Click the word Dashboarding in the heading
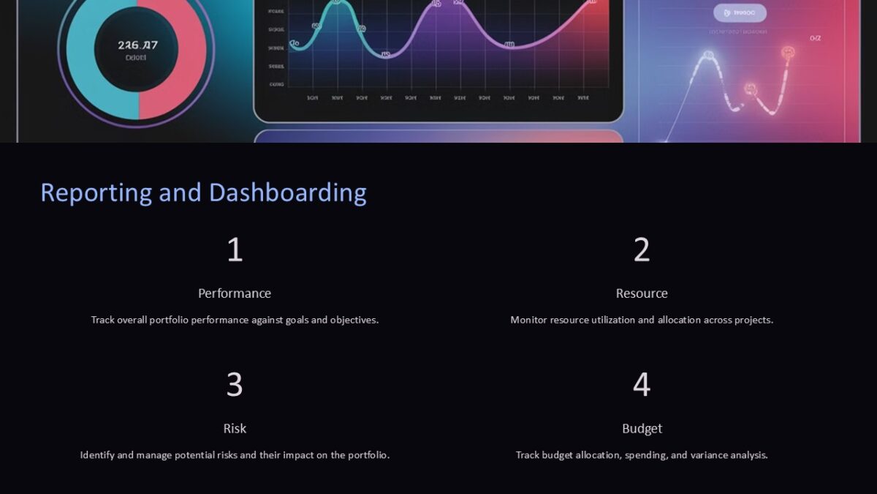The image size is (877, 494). [x=287, y=193]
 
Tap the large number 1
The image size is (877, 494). [x=235, y=250]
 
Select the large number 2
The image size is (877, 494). [x=642, y=250]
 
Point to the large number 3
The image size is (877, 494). [x=235, y=385]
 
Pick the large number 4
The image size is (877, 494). [x=642, y=385]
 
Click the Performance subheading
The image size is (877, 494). [x=235, y=293]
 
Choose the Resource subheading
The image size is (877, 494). [x=642, y=293]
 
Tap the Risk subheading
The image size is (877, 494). [x=235, y=428]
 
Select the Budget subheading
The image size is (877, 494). [x=642, y=428]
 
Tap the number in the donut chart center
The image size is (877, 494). [x=137, y=45]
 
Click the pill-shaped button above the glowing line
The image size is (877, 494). [x=740, y=12]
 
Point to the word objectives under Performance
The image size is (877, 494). [x=354, y=320]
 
